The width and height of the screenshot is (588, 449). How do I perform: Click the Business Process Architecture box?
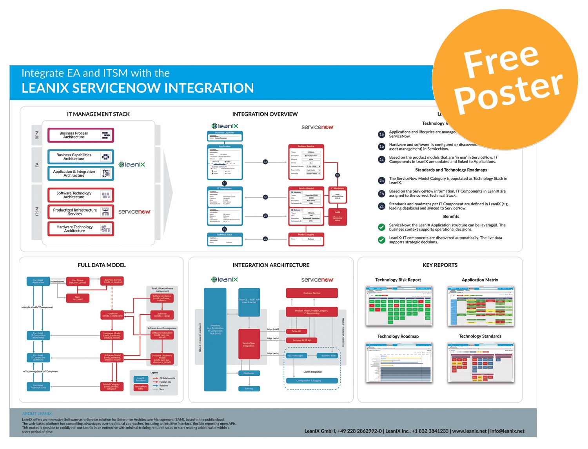pos(80,135)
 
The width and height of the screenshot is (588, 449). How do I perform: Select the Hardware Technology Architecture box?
pos(80,229)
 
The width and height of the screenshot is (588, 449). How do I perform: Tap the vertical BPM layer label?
pos(37,135)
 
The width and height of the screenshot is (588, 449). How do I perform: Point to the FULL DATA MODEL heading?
pos(102,265)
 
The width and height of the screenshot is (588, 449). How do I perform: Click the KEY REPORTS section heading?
pos(440,265)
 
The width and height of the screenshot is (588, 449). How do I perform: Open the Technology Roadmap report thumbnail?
pos(399,362)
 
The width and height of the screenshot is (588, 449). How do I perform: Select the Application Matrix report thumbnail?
pos(481,306)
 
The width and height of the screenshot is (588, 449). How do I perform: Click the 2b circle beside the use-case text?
pos(381,194)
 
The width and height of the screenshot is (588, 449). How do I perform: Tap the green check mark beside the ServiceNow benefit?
pos(381,227)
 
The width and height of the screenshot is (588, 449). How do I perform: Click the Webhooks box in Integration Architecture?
pos(249,373)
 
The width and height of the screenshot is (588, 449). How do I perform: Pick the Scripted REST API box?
pos(302,340)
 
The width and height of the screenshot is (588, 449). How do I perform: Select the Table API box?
pos(296,331)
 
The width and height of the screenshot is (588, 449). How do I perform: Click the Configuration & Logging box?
pos(312,380)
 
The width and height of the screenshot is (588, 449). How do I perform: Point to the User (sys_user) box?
pos(78,298)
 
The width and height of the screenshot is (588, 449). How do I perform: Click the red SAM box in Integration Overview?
pos(338,215)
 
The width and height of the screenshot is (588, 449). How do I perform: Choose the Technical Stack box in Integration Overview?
pos(225,239)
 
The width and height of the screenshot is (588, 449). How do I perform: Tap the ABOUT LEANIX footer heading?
pos(37,414)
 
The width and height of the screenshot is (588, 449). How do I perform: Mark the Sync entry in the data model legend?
pos(162,389)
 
